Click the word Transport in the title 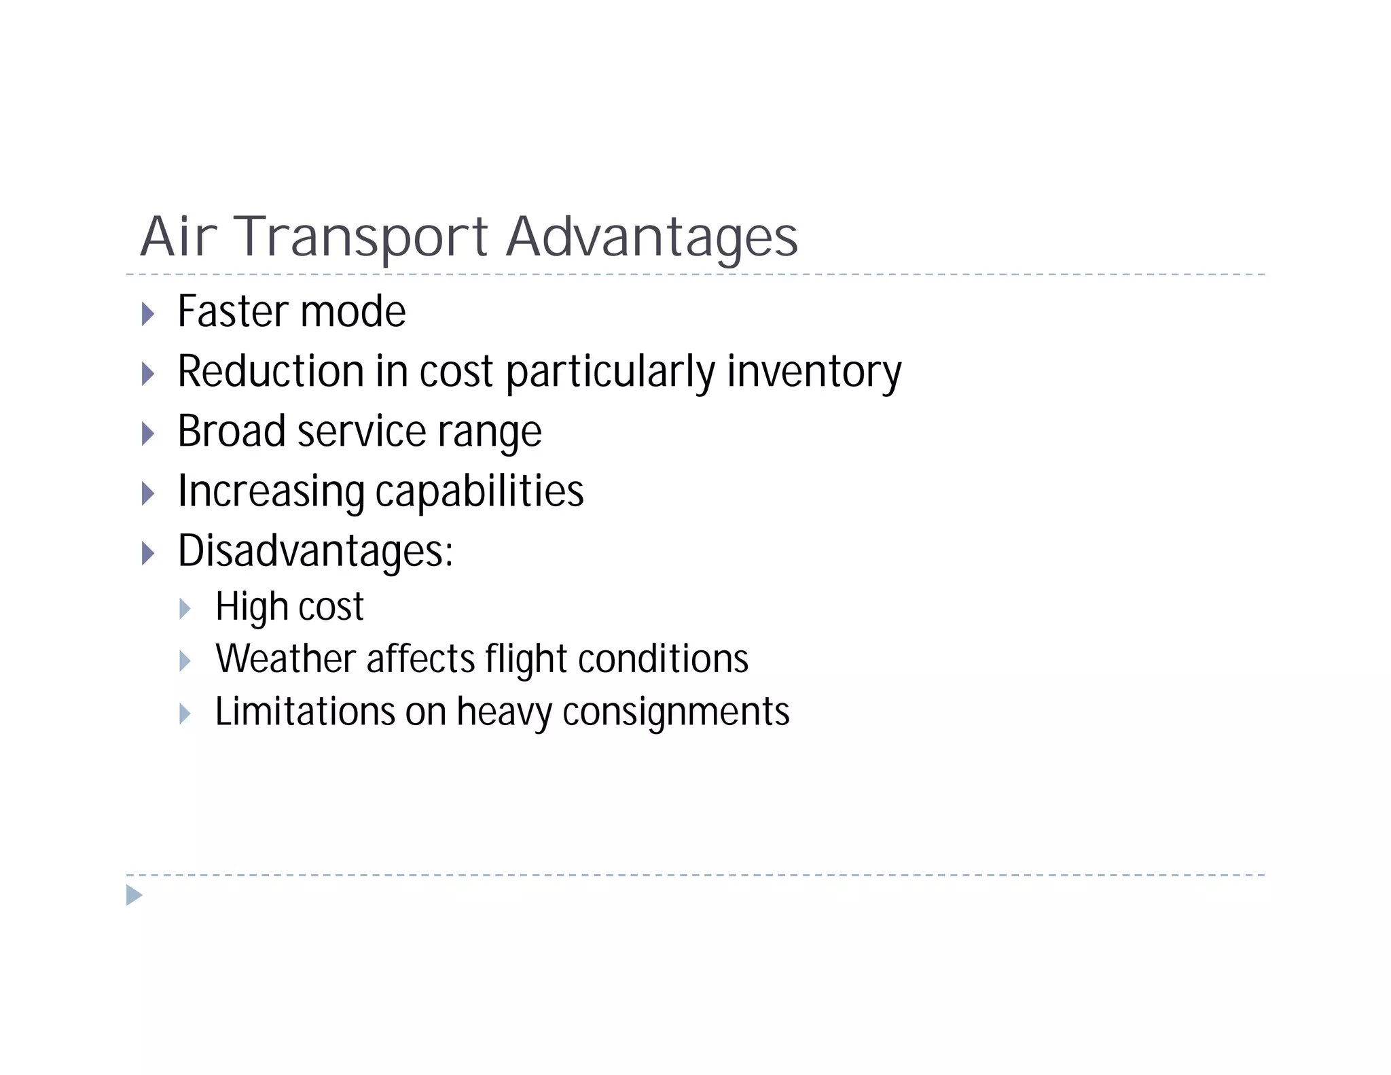tap(361, 237)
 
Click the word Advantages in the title tap(652, 237)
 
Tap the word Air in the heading tap(179, 237)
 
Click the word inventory tap(814, 372)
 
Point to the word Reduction tap(270, 372)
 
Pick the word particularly tap(610, 372)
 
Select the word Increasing tap(271, 491)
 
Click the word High tap(251, 607)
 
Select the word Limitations tap(305, 712)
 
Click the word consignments tap(676, 712)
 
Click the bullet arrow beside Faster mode tap(148, 314)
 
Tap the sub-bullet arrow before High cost tap(185, 609)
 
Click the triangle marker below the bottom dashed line tap(134, 896)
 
